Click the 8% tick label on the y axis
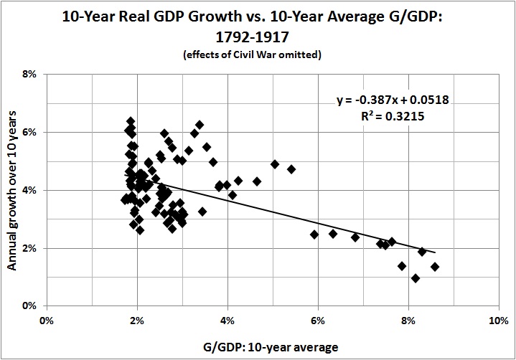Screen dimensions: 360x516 [29, 74]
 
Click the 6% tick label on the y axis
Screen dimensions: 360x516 [29, 132]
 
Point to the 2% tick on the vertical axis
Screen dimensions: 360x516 [29, 248]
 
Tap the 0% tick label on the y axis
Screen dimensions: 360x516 [29, 306]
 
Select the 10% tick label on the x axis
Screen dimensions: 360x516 [498, 320]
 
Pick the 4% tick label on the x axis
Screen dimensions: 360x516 [227, 320]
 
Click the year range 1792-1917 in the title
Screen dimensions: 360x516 [258, 38]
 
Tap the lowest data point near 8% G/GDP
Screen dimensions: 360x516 [416, 278]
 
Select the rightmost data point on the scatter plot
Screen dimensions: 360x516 [435, 267]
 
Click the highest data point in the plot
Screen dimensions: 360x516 [131, 121]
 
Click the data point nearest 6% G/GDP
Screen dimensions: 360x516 [314, 235]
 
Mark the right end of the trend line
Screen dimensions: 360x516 [435, 252]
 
